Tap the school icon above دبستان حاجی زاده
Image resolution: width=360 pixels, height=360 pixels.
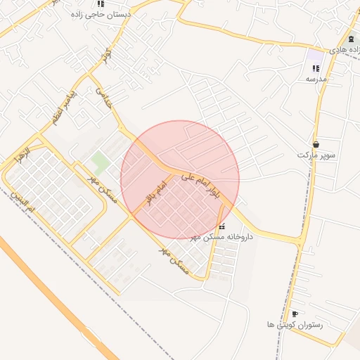point(101,4)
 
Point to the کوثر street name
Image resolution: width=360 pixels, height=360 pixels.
point(106,55)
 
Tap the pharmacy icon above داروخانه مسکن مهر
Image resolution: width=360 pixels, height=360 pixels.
point(222,226)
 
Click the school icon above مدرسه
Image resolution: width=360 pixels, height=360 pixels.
point(315,68)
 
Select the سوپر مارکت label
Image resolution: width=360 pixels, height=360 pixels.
point(316,154)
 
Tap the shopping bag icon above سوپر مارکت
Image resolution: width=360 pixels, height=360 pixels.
point(316,143)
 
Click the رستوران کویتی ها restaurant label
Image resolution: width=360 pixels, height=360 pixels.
point(295,325)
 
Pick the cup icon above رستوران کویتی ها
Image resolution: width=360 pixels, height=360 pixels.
point(294,314)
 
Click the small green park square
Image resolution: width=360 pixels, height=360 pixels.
point(101,162)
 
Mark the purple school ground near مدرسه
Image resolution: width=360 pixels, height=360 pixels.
point(314,54)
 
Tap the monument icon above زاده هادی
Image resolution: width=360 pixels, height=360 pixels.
point(350,39)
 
